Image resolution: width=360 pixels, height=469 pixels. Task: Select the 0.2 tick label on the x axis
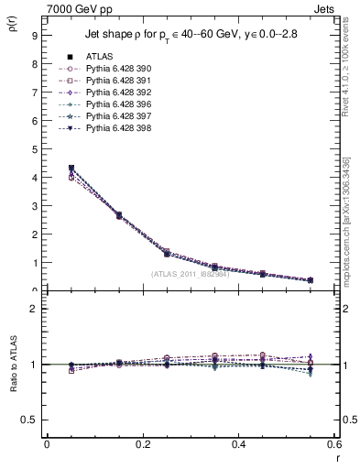click(142, 444)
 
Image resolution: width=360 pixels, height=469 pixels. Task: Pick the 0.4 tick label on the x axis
click(237, 444)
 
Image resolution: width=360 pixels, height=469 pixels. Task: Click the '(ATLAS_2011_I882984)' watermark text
click(189, 274)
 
